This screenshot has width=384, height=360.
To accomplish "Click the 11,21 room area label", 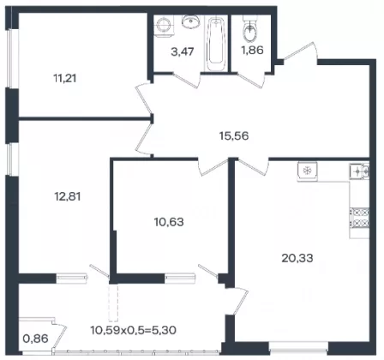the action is [x=65, y=78].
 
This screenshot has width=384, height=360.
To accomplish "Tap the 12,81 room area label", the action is [x=68, y=196].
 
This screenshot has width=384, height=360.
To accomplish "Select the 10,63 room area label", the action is [x=169, y=222].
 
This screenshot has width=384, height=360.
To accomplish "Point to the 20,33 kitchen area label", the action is [x=297, y=258].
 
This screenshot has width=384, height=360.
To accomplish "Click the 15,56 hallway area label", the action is [x=234, y=135].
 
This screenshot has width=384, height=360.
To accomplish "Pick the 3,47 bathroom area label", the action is [x=183, y=52].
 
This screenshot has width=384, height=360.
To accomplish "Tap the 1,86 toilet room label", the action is [x=252, y=51].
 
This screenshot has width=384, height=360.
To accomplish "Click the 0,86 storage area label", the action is [x=35, y=339].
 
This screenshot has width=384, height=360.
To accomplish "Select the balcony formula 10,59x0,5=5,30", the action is [x=134, y=330].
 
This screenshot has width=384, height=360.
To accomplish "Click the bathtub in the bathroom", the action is [x=215, y=44].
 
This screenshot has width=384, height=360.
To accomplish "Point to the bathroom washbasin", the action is [x=191, y=21].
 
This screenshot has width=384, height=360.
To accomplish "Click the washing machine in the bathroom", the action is [x=164, y=26].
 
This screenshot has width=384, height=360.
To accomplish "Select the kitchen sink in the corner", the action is [x=359, y=171].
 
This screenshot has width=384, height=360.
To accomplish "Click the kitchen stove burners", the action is [x=359, y=218].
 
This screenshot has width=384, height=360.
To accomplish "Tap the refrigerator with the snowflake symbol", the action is [x=307, y=171].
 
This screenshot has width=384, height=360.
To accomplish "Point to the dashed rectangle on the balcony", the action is [x=113, y=303].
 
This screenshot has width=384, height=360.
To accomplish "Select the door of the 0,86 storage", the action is [x=59, y=335].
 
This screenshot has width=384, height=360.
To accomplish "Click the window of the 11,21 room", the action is [x=10, y=57].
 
